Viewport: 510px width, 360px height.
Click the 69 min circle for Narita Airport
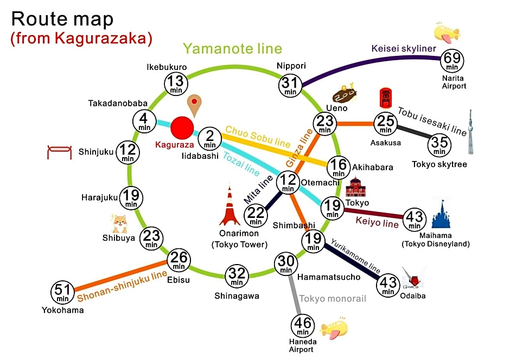452,61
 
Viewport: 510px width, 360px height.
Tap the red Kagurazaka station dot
182,128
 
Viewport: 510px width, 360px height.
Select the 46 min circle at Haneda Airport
303,326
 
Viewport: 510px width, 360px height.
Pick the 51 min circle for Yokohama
62,292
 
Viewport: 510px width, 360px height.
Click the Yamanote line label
232,49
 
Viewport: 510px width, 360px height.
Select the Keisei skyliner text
404,48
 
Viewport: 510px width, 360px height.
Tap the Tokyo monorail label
333,299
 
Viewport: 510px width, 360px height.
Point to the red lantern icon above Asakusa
386,98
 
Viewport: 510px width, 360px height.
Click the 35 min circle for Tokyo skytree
439,145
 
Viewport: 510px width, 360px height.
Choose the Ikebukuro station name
167,67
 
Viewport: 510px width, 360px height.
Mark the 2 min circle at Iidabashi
210,139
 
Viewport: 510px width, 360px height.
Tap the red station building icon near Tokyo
355,187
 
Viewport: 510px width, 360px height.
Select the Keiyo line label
377,222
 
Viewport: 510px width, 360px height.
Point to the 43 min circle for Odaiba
388,285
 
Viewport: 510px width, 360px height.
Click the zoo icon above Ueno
345,93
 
